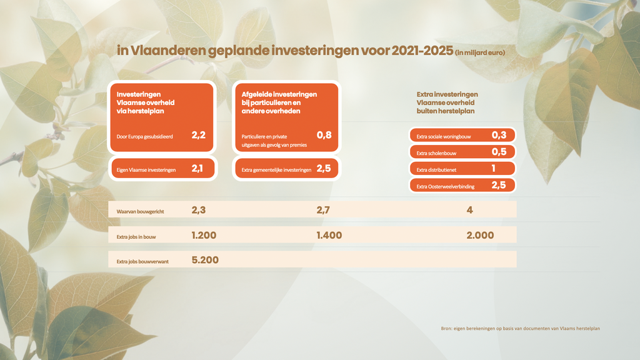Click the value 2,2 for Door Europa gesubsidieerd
[x=198, y=135]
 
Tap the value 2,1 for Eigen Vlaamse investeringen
[x=197, y=169]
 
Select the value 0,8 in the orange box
[x=324, y=134]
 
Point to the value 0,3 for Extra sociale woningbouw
[x=498, y=135]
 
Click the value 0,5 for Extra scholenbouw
[x=498, y=152]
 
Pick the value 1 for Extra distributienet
[x=493, y=169]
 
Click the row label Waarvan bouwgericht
[x=140, y=212]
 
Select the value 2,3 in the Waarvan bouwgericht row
[x=199, y=211]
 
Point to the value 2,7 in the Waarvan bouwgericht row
[x=324, y=211]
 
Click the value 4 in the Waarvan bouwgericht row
[x=469, y=211]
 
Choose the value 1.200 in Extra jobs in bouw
[x=204, y=235]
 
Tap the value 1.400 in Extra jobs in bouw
[x=329, y=235]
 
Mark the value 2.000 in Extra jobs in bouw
[x=480, y=235]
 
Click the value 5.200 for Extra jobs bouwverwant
[x=205, y=259]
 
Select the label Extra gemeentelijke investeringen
[x=276, y=169]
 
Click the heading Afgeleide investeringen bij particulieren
[x=279, y=102]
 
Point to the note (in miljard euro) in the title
[x=480, y=53]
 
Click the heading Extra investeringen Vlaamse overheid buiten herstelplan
[x=447, y=102]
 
